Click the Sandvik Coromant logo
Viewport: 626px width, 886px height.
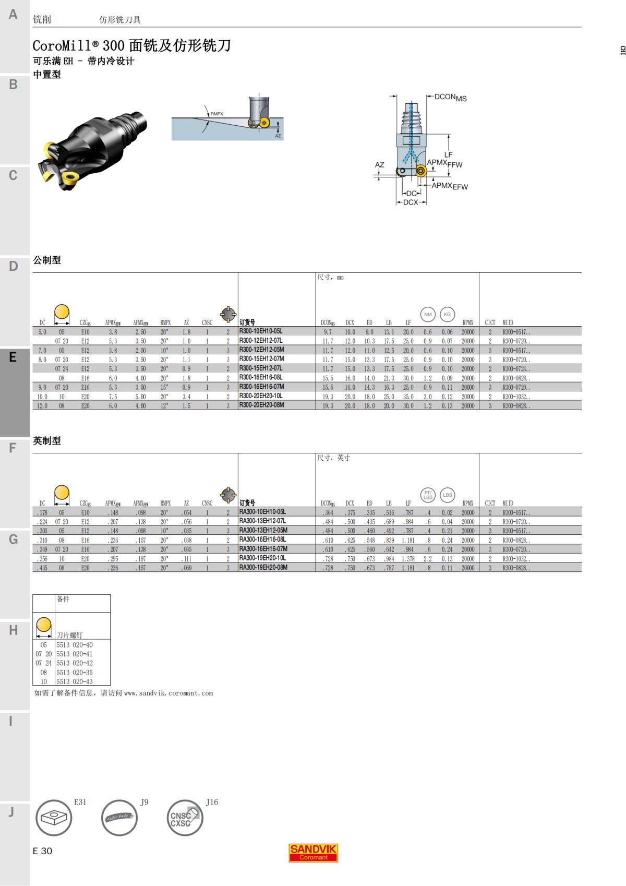pyautogui.click(x=313, y=852)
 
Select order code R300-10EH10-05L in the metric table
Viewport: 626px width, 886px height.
pyautogui.click(x=261, y=331)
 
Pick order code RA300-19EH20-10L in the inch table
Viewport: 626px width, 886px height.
pyautogui.click(x=262, y=558)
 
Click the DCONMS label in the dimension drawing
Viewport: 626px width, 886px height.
pyautogui.click(x=450, y=97)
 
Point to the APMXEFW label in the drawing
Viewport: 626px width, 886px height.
pyautogui.click(x=449, y=186)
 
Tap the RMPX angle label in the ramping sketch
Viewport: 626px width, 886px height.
pyautogui.click(x=216, y=114)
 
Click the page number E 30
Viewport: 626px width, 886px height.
pyautogui.click(x=42, y=851)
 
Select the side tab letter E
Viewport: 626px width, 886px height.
pyautogui.click(x=13, y=357)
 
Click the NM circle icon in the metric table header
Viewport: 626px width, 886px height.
pyautogui.click(x=428, y=314)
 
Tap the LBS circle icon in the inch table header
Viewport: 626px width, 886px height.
pyautogui.click(x=448, y=495)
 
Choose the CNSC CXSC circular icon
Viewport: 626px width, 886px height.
pyautogui.click(x=185, y=818)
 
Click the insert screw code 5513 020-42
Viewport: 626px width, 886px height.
pyautogui.click(x=75, y=663)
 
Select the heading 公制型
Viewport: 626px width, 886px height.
pyautogui.click(x=47, y=260)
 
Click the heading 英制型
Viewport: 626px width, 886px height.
pyautogui.click(x=47, y=441)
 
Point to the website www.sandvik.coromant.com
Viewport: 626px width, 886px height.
pyautogui.click(x=168, y=693)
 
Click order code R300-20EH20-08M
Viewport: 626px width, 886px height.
pyautogui.click(x=261, y=405)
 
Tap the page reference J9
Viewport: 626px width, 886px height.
pyautogui.click(x=144, y=802)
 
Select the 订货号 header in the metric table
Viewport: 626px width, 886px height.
pyautogui.click(x=247, y=322)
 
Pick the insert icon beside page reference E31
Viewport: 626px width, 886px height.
pyautogui.click(x=54, y=818)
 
